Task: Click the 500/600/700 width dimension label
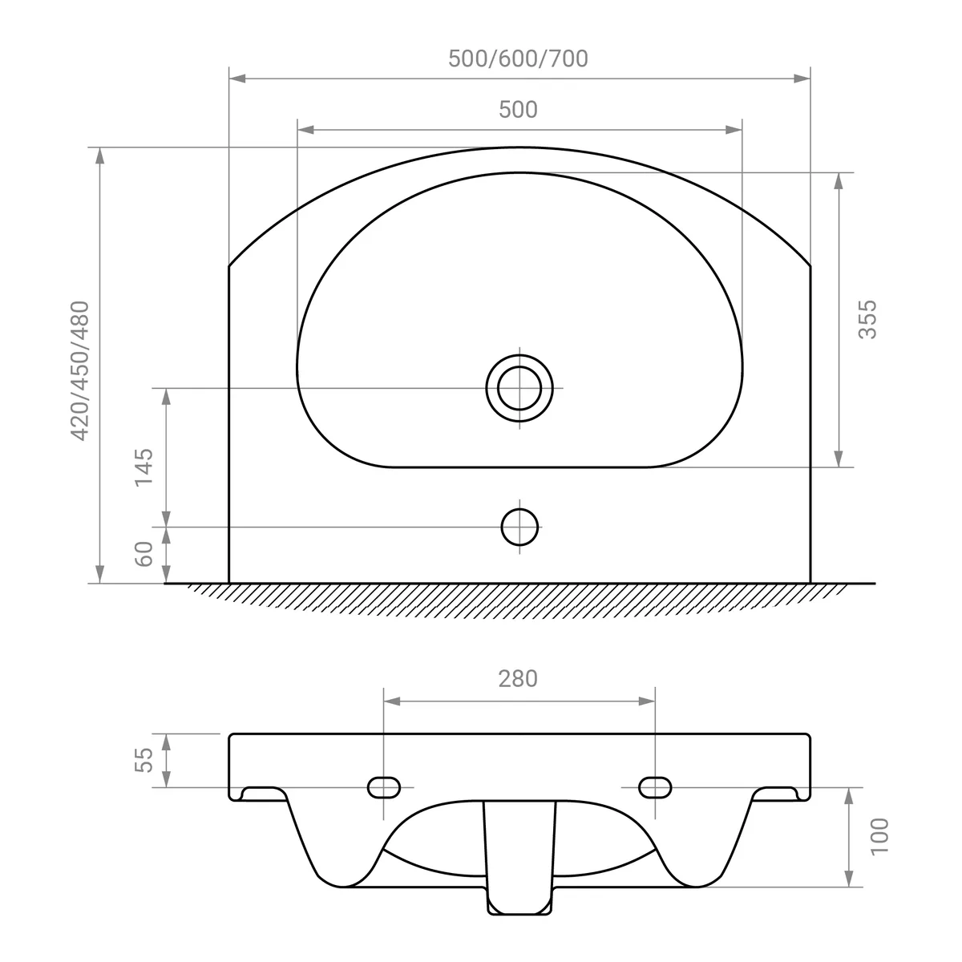pos(518,59)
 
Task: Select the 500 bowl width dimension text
pos(518,110)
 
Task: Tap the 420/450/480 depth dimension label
pos(79,371)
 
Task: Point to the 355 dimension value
pos(867,320)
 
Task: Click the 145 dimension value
pos(143,467)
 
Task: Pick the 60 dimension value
pos(143,554)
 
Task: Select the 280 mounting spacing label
pos(518,679)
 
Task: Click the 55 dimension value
pos(143,760)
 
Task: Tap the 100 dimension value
pos(879,837)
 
